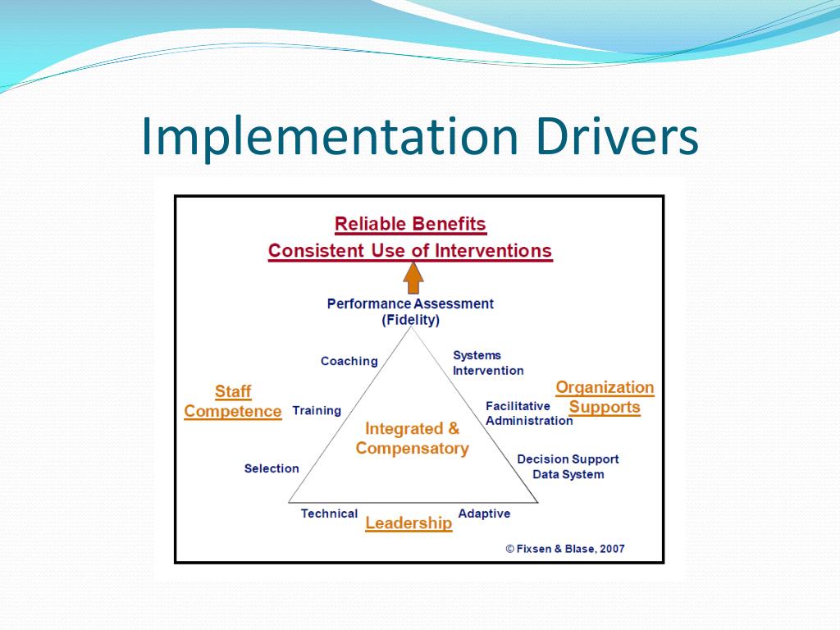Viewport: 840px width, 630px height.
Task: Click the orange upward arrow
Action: (413, 277)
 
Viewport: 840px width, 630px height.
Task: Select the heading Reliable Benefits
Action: (410, 224)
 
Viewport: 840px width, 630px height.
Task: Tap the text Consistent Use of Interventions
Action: (410, 250)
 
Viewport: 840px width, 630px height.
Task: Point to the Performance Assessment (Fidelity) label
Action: (410, 312)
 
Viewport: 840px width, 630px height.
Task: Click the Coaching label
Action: (349, 361)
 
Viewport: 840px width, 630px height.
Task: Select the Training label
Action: (317, 410)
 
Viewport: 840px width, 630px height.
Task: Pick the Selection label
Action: (272, 468)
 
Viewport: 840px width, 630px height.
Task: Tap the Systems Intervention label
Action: (487, 363)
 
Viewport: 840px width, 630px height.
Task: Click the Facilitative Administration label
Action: (528, 413)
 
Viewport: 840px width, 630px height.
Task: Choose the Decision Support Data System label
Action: (568, 467)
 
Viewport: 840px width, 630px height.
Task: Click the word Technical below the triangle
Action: (329, 514)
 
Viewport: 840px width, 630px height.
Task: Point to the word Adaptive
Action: (484, 514)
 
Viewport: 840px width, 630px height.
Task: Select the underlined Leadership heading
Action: (409, 523)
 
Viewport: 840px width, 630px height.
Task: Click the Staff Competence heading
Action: (233, 401)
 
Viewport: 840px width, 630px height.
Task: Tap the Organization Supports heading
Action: (605, 397)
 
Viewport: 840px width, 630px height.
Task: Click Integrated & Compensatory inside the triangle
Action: (413, 438)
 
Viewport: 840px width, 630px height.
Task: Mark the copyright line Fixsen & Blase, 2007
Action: (565, 549)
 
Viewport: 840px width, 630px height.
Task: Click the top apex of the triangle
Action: (412, 327)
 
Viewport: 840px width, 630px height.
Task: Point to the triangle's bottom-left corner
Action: (289, 501)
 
